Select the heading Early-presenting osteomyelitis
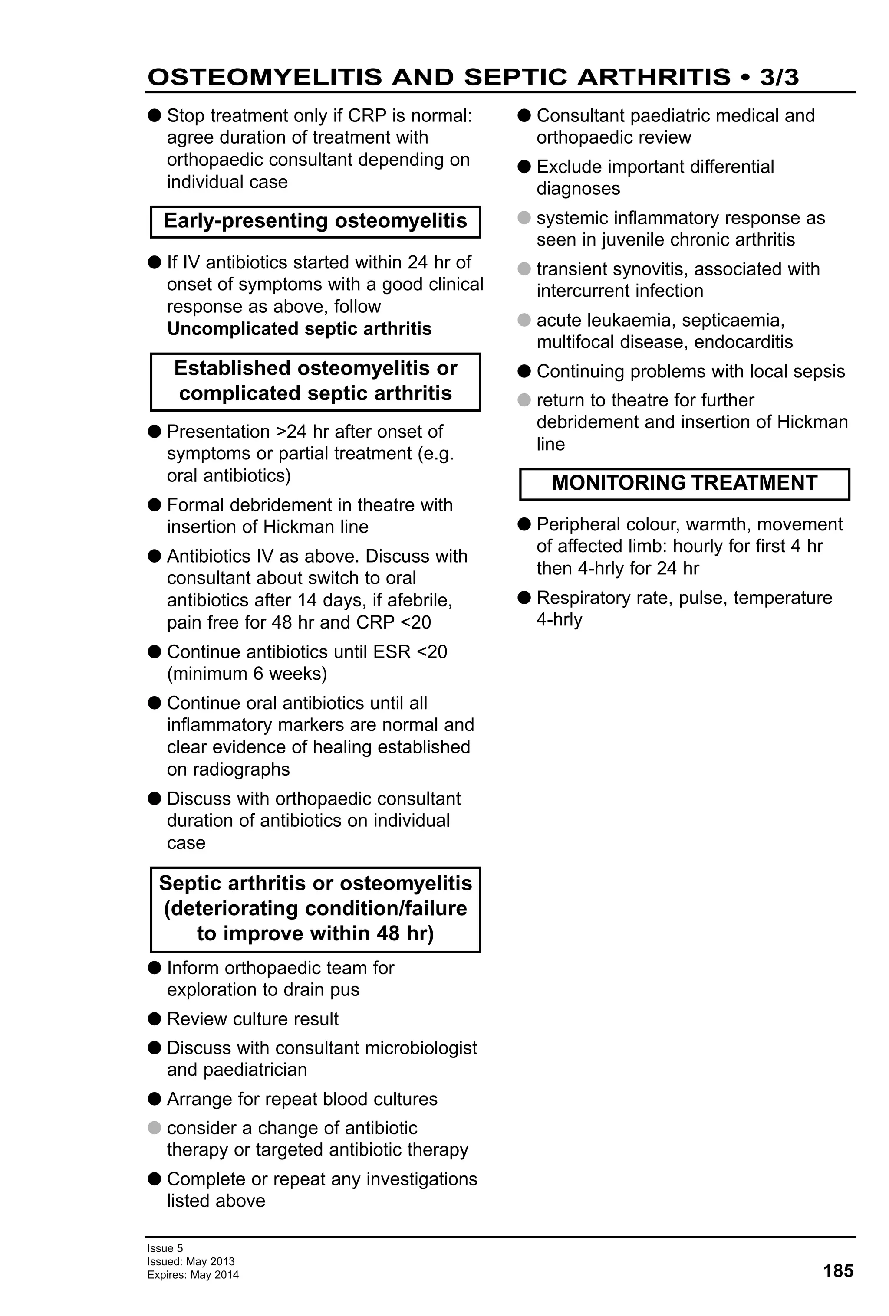315,221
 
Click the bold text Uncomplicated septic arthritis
299,328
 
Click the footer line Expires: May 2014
193,1275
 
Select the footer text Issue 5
165,1247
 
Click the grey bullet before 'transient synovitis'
524,269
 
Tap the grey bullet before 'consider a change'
154,1127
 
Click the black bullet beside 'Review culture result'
154,1019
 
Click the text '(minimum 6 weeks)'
247,674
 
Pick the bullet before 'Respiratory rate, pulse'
524,597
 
